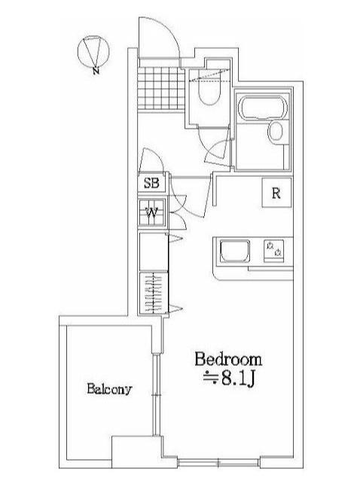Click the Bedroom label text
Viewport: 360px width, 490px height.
[228, 359]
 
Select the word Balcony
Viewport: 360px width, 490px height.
[109, 389]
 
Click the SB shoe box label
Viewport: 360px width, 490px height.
[151, 183]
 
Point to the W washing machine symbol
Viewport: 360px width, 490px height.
[152, 212]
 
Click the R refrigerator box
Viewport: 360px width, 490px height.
[276, 193]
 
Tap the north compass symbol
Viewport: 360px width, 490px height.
[93, 51]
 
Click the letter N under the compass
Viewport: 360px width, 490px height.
[96, 71]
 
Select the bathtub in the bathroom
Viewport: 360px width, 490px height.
[262, 108]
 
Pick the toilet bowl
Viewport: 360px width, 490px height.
[210, 92]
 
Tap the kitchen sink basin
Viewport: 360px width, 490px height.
[235, 251]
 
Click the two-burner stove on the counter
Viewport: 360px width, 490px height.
[274, 249]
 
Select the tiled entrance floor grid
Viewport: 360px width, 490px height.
[161, 88]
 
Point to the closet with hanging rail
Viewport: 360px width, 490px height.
[154, 293]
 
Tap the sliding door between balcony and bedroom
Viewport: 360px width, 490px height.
[155, 394]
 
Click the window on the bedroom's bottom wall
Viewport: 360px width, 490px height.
[218, 462]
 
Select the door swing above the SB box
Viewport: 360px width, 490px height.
[151, 160]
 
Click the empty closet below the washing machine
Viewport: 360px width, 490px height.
[154, 251]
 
